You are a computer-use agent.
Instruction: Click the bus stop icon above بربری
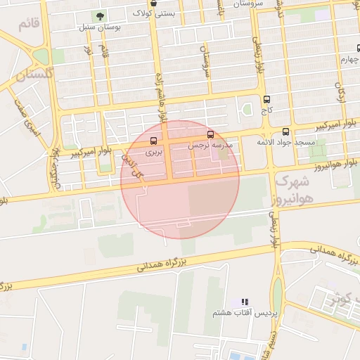[154, 141]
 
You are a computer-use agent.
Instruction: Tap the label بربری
[154, 152]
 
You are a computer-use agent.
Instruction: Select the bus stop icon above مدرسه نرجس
[210, 134]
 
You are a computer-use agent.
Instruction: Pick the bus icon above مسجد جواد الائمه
[285, 131]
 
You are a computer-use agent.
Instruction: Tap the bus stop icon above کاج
[266, 100]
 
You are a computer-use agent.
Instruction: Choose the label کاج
[266, 111]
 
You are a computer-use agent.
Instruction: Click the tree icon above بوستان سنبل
[100, 16]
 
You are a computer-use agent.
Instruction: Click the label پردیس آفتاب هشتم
[246, 312]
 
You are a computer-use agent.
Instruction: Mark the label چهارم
[349, 60]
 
